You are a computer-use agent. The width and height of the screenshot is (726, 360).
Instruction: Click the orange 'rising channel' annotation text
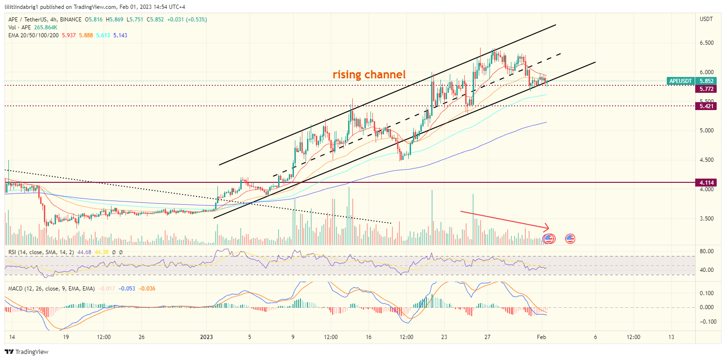click(369, 75)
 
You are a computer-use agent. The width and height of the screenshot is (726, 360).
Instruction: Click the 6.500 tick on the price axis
click(707, 43)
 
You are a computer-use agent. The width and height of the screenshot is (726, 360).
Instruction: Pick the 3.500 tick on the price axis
click(707, 219)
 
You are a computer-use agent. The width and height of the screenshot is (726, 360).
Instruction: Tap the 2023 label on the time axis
click(206, 337)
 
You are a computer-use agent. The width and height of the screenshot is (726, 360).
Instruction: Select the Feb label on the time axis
click(541, 337)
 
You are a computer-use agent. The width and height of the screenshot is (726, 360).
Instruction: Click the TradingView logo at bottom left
click(27, 352)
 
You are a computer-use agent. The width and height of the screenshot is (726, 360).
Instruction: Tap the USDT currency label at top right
click(706, 19)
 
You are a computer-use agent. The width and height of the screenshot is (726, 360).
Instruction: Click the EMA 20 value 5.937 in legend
click(68, 35)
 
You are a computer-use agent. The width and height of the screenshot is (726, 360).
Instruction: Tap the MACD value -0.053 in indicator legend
click(127, 289)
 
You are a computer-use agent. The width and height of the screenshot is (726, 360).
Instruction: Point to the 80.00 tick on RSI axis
click(707, 251)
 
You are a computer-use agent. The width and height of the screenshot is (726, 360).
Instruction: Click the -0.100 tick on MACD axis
click(706, 322)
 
